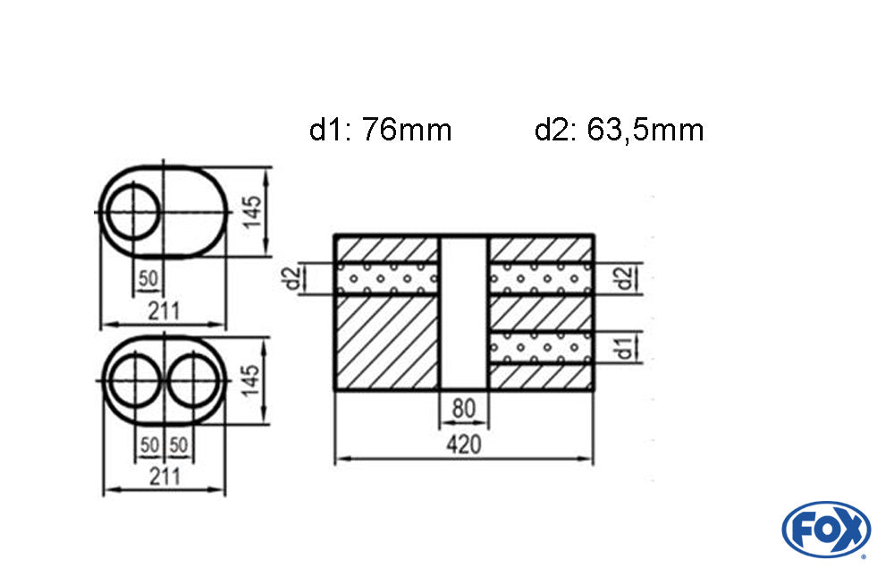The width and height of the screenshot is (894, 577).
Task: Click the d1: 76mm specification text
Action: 380,130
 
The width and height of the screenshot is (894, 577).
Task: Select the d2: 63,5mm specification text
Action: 620,130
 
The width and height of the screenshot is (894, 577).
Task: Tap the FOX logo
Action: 826,529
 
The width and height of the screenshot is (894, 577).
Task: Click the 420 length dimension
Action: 463,444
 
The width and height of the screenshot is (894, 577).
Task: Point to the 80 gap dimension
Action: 463,409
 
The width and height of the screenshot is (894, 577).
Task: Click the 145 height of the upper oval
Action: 252,212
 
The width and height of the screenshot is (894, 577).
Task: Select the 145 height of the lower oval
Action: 251,381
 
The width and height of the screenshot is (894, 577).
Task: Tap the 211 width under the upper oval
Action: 164,311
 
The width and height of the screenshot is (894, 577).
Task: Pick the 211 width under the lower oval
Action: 164,477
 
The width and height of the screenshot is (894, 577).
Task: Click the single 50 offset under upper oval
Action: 148,278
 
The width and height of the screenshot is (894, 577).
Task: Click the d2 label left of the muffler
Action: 292,278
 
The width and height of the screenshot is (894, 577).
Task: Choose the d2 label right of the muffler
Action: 626,278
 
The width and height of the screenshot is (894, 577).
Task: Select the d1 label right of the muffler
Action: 626,348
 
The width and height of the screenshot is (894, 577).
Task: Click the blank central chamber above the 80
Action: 464,312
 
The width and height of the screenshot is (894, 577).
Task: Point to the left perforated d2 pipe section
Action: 387,278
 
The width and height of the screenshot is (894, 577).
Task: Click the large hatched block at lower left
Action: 387,343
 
